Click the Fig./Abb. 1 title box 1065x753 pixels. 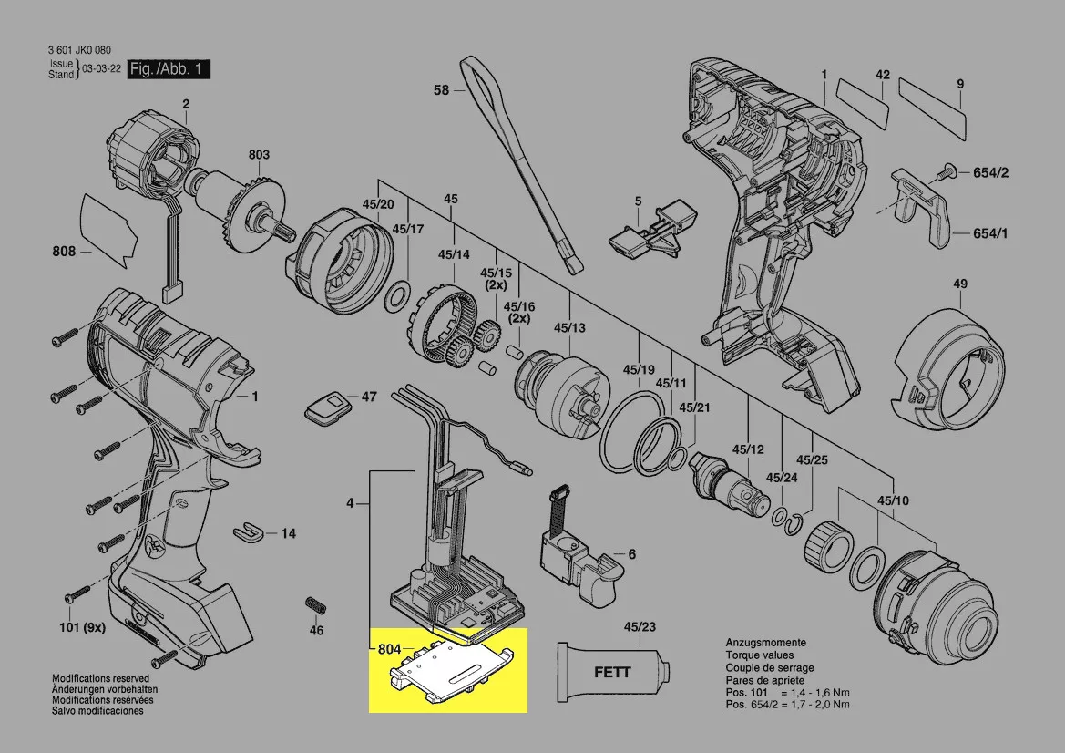point(169,69)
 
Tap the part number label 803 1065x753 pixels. point(259,155)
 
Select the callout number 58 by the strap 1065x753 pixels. point(441,90)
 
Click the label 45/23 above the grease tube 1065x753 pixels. point(639,627)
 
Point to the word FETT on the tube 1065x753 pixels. point(612,673)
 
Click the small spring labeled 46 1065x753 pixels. point(315,605)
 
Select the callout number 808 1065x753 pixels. point(63,252)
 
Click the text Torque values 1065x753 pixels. point(759,655)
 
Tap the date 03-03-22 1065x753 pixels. point(100,69)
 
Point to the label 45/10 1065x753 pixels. point(893,500)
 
